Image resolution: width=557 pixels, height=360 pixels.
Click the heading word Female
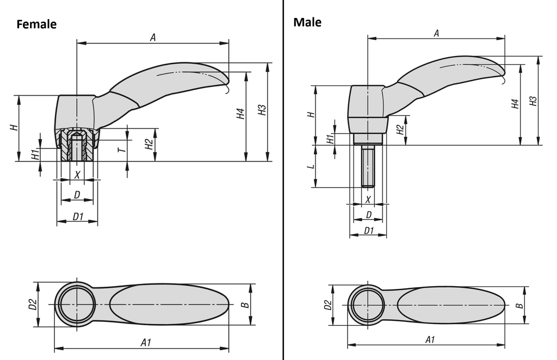[36, 24]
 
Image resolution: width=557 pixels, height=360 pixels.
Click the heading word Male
[307, 22]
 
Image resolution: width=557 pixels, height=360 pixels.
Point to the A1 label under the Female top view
[145, 342]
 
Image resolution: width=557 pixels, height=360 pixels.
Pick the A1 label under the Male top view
[430, 339]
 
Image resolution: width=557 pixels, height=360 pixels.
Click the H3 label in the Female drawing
[262, 110]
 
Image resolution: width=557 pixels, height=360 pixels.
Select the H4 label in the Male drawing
[514, 103]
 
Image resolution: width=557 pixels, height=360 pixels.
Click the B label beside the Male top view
[519, 306]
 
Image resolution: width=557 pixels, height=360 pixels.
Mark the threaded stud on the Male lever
[368, 167]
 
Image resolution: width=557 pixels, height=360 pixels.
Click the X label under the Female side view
[77, 175]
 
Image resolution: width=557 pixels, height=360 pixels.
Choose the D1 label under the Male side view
[368, 231]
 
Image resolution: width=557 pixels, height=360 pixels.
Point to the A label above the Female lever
[153, 37]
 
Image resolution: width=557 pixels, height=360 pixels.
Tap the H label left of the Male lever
[310, 115]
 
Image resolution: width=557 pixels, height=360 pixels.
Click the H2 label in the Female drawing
[148, 144]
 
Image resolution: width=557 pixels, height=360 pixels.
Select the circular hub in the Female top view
[77, 305]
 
